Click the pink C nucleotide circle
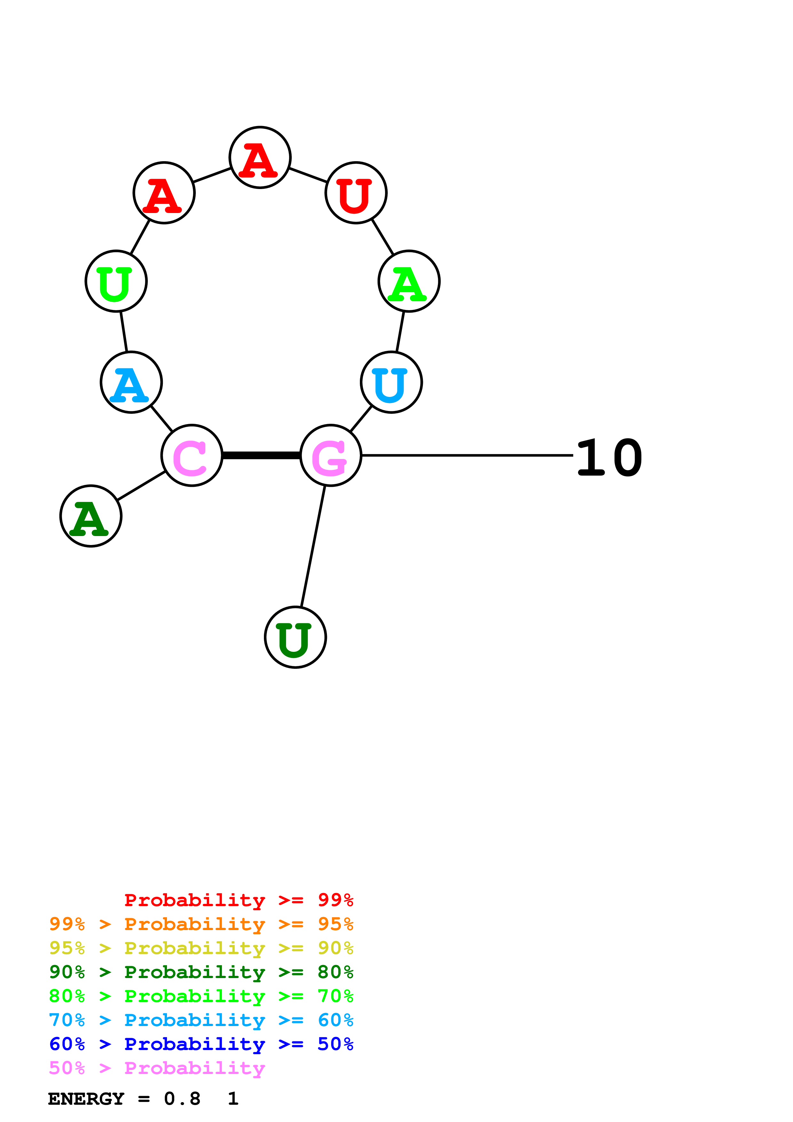(192, 455)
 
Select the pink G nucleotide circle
(331, 455)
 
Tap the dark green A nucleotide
(91, 516)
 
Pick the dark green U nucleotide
(295, 637)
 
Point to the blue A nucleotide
(131, 382)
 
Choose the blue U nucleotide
(391, 382)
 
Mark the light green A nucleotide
(409, 281)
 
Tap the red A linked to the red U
(260, 157)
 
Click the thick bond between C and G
(261, 455)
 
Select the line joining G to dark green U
(313, 546)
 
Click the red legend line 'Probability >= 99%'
(238, 900)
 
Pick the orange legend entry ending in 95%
(201, 924)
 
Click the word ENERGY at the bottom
(86, 1099)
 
